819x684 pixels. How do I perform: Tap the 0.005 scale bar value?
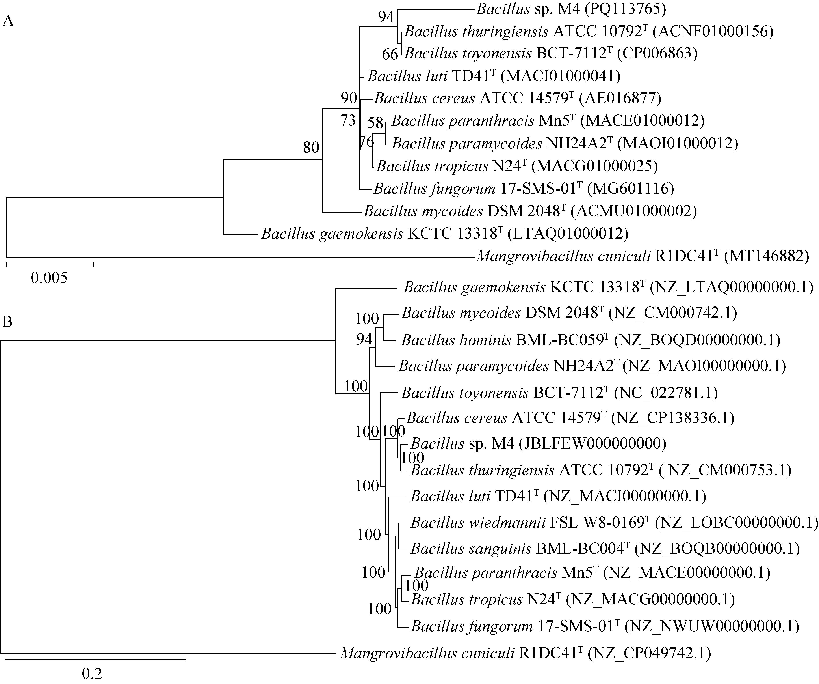pos(49,278)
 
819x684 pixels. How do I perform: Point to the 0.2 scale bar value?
pos(92,673)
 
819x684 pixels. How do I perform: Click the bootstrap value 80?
pos(311,148)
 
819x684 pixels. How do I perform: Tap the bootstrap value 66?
pos(390,54)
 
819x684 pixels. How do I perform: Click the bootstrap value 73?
pos(348,121)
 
